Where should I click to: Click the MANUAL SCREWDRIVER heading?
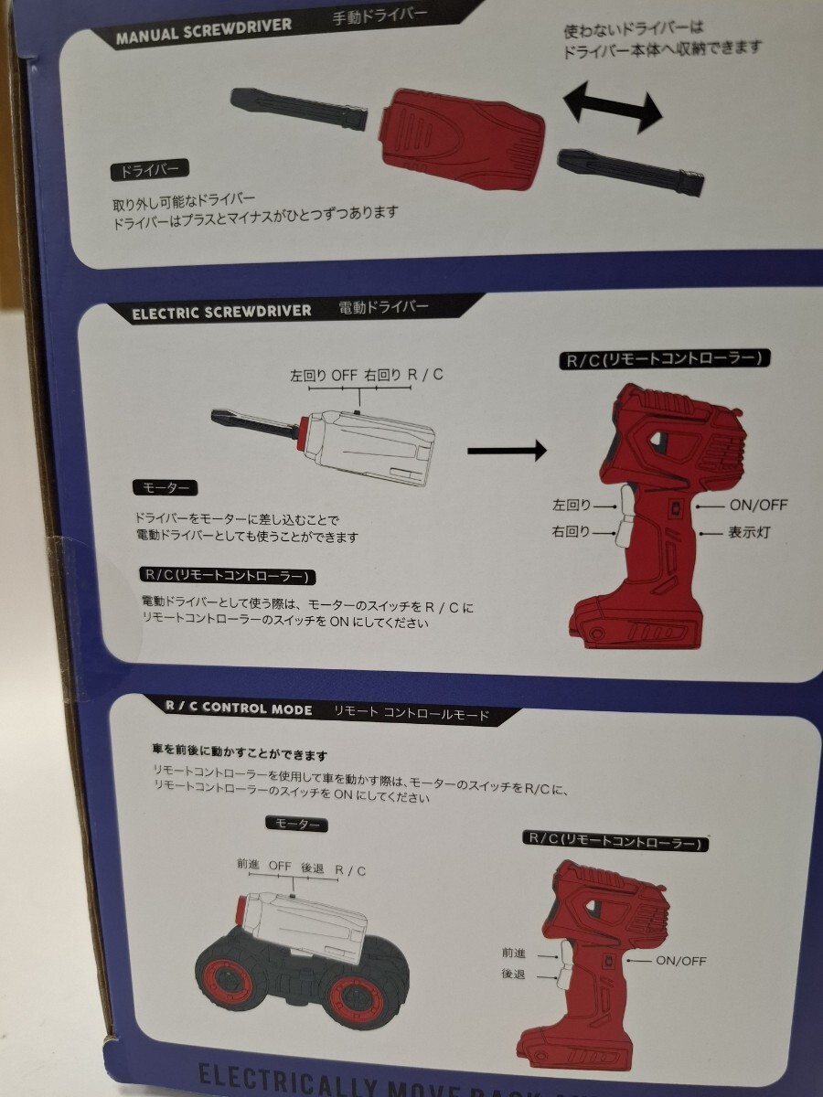(x=204, y=31)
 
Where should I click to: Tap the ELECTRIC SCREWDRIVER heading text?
(x=221, y=313)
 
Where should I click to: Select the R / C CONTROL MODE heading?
(x=239, y=708)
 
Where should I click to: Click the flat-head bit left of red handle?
(x=299, y=109)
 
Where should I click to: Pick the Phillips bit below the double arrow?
(x=631, y=171)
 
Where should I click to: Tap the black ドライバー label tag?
(x=149, y=171)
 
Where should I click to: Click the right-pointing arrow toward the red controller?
(x=508, y=451)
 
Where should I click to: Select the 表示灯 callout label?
(x=748, y=533)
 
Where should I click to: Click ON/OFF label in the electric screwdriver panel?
(x=758, y=505)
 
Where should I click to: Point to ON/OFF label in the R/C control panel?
(x=680, y=960)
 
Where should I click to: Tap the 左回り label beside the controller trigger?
(x=572, y=505)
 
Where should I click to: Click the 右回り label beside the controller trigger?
(x=572, y=531)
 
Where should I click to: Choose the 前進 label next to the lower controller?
(x=514, y=953)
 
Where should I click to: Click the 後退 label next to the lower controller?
(x=513, y=974)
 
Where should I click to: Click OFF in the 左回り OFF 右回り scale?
(x=345, y=375)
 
